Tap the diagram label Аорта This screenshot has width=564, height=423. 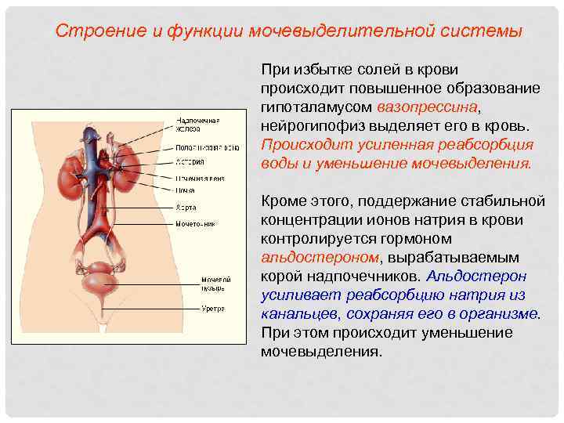click(x=186, y=208)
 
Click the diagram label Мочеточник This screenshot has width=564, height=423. click(x=195, y=223)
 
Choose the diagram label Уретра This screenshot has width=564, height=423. click(x=212, y=309)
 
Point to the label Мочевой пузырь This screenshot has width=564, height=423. click(x=215, y=283)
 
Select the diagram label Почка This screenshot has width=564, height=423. click(x=185, y=190)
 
